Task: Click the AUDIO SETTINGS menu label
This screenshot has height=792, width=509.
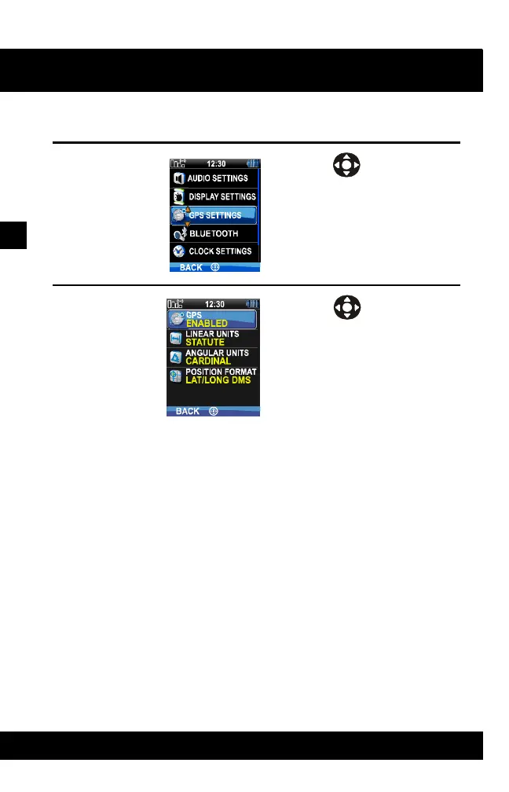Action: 218,178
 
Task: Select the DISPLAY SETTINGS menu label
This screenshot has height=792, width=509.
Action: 222,196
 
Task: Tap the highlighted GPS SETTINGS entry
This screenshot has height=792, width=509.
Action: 214,215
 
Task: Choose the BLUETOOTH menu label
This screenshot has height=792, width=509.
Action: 214,233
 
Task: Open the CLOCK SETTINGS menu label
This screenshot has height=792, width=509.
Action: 220,251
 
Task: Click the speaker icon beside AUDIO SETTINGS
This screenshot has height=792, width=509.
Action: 178,178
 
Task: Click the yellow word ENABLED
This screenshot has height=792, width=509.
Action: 207,324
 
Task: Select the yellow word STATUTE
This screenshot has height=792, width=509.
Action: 204,343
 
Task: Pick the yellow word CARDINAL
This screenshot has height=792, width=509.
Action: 207,361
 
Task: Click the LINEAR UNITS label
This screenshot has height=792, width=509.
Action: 212,334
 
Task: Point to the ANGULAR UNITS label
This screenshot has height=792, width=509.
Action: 217,353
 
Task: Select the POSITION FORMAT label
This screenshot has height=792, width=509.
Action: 221,372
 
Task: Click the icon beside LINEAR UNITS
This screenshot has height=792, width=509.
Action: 176,339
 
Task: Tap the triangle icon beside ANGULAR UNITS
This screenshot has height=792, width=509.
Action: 176,357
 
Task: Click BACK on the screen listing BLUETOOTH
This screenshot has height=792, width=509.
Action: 190,268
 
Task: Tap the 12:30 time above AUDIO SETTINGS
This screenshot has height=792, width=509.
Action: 217,163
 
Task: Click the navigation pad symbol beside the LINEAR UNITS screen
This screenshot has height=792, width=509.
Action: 346,307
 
